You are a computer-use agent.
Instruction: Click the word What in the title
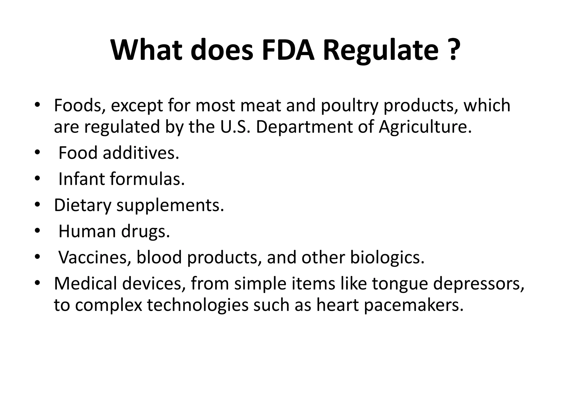pos(146,50)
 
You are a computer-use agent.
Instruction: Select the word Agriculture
pos(425,127)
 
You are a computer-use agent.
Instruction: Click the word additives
pos(141,153)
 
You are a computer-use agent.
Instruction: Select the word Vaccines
pos(95,257)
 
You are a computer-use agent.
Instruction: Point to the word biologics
pos(387,258)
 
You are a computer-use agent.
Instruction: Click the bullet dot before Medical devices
pos(37,283)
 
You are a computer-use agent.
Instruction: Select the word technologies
pos(198,306)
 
